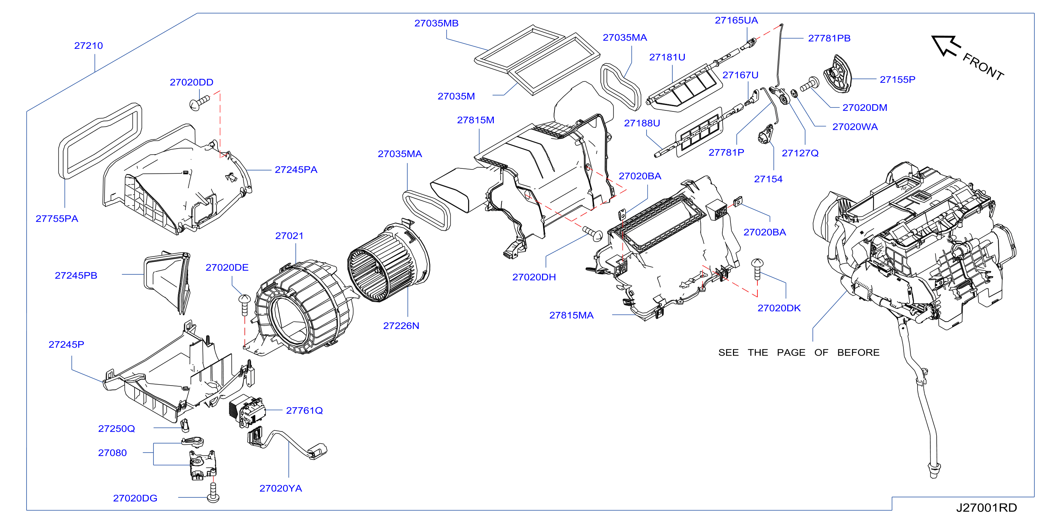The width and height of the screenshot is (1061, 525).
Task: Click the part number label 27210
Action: click(89, 46)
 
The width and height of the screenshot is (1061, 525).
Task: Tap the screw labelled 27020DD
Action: click(199, 102)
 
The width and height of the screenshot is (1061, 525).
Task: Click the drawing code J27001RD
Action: click(987, 508)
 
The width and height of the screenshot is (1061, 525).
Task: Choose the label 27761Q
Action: click(304, 411)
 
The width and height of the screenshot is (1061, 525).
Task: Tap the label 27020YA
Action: click(281, 488)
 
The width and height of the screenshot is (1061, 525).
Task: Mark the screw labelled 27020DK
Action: click(757, 269)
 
